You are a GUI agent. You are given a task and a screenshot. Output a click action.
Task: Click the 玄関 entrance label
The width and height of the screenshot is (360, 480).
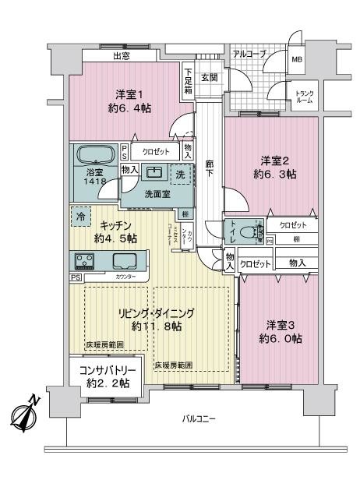coord(208,77)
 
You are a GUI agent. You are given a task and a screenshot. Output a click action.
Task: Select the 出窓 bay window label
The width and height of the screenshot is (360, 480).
coord(121,55)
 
